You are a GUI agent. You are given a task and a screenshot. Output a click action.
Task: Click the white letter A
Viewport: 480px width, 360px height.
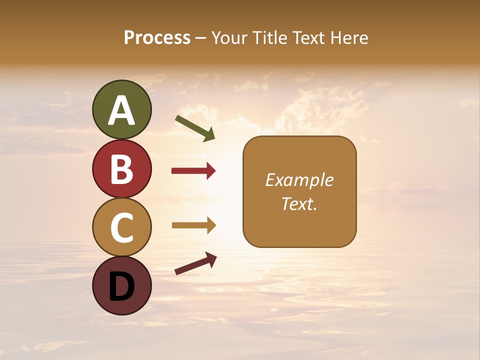122,110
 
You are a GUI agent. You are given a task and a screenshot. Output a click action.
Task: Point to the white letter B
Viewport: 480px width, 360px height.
122,169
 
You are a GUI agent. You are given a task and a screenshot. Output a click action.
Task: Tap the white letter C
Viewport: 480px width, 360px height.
122,227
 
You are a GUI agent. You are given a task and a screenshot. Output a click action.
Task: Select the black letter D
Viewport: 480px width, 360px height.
122,286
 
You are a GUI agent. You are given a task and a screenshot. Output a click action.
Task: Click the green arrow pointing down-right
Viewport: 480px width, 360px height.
195,128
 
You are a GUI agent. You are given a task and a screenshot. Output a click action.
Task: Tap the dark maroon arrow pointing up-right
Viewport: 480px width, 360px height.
195,263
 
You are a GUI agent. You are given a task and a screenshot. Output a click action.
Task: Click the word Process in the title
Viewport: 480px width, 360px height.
157,37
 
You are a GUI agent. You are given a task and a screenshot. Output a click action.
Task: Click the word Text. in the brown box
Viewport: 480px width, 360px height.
299,203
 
